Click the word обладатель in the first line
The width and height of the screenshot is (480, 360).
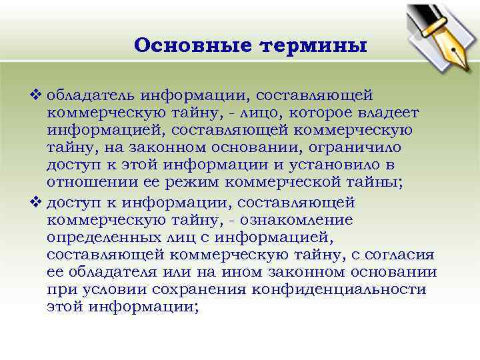click(90, 97)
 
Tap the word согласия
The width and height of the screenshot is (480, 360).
click(400, 254)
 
